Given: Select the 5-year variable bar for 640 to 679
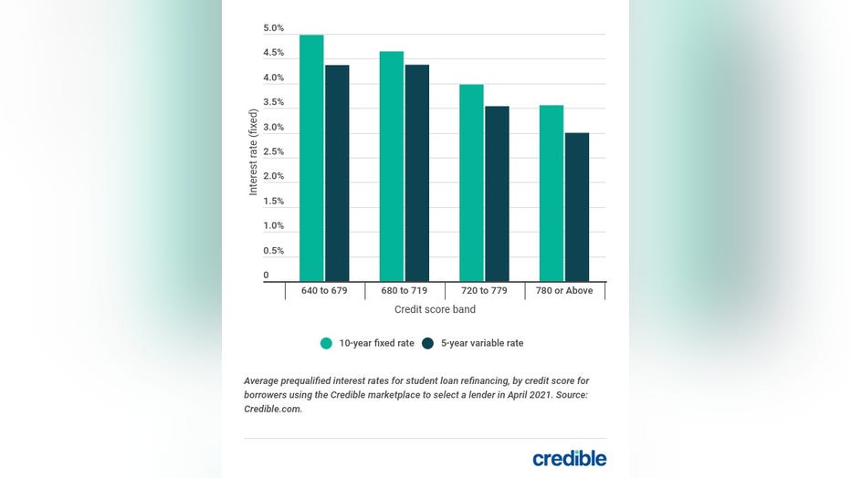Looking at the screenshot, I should click(x=337, y=172).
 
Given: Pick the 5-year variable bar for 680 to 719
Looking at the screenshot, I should click(x=417, y=172).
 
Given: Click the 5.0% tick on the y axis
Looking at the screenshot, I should click(x=273, y=28).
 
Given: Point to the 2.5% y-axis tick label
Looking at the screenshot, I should click(x=273, y=151).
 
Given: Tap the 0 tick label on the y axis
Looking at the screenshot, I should click(x=267, y=275).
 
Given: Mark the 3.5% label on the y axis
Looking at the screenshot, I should click(x=273, y=102).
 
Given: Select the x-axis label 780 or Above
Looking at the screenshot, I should click(x=565, y=291).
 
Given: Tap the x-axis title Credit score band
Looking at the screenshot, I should click(x=434, y=310).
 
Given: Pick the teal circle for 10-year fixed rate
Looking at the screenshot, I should click(x=327, y=343).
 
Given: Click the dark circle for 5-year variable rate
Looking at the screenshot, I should click(x=427, y=343).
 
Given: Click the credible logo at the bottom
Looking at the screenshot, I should click(x=569, y=458).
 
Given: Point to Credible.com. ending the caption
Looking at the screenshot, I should click(x=272, y=410).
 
